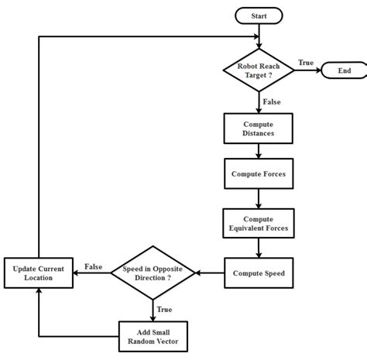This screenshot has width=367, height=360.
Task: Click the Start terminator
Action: point(259,15)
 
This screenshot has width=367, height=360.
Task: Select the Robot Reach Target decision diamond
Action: point(259,70)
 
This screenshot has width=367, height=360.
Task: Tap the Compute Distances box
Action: point(259,129)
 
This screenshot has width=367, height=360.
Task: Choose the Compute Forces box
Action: point(259,174)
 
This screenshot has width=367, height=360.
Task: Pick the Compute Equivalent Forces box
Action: point(259,224)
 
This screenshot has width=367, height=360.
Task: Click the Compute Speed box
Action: point(259,273)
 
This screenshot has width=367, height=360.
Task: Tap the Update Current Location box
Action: point(39,273)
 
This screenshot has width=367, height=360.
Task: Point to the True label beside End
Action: point(307,62)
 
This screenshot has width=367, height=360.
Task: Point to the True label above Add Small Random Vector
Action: point(165,310)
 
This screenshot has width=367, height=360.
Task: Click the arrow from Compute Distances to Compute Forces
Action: point(259,151)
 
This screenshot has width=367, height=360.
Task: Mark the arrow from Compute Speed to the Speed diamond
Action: point(209,273)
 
